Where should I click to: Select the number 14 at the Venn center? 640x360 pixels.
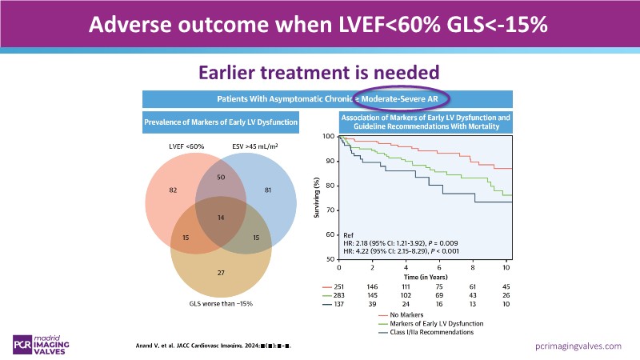[221, 218]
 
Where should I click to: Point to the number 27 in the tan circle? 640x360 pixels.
[221, 273]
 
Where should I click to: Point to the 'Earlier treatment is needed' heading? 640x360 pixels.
[319, 72]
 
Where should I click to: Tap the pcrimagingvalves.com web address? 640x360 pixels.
[578, 346]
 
